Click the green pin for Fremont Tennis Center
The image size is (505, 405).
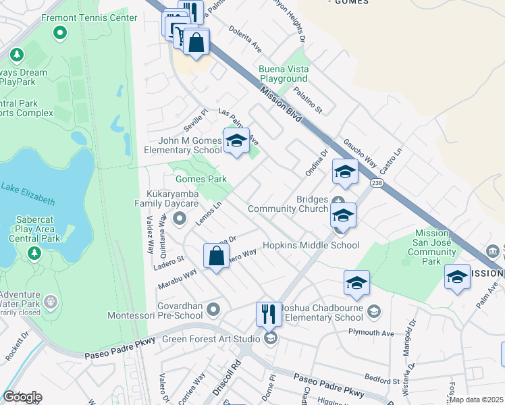pyautogui.click(x=60, y=32)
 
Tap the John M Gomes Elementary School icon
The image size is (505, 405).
pyautogui.click(x=236, y=140)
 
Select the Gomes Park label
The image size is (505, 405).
pyautogui.click(x=201, y=179)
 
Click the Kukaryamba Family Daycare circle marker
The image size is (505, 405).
pyautogui.click(x=180, y=218)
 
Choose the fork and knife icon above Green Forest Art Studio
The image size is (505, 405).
pyautogui.click(x=268, y=314)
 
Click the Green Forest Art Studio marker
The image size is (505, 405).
pyautogui.click(x=271, y=338)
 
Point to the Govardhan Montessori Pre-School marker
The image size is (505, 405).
pyautogui.click(x=214, y=310)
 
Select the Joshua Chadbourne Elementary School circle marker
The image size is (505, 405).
pyautogui.click(x=374, y=311)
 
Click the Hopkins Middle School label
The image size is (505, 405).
pyautogui.click(x=311, y=246)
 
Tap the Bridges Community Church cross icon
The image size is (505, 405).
pyautogui.click(x=338, y=200)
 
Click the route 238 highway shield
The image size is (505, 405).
pyautogui.click(x=376, y=184)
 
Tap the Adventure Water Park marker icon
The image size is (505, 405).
pyautogui.click(x=50, y=300)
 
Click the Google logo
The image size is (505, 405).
pyautogui.click(x=22, y=396)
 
